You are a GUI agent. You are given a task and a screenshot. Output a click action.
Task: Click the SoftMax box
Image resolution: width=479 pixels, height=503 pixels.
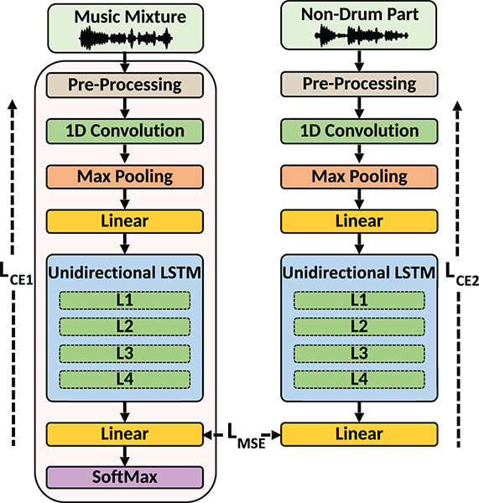125,477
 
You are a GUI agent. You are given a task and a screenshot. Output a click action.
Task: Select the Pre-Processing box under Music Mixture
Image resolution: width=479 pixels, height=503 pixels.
125,85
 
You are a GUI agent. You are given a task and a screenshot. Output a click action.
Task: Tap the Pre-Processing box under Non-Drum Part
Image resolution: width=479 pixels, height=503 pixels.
359,84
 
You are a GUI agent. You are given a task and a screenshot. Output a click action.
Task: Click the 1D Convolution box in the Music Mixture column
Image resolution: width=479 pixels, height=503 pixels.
125,131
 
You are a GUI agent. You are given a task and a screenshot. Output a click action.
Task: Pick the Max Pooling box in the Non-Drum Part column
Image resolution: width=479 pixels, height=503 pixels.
359,177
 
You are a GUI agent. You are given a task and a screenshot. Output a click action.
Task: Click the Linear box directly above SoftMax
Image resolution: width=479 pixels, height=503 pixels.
125,434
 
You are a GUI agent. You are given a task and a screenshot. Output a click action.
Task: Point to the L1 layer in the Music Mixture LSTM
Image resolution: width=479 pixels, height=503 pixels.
125,300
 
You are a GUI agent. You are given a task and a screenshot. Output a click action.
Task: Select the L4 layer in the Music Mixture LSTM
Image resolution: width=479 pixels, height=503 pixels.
125,379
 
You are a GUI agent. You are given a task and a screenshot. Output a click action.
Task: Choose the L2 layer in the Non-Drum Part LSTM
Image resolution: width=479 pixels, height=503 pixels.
359,326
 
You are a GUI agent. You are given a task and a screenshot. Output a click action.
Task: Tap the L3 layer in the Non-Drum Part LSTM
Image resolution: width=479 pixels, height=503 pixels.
359,353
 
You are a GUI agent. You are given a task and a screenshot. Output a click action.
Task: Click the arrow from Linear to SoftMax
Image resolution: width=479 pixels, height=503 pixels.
125,456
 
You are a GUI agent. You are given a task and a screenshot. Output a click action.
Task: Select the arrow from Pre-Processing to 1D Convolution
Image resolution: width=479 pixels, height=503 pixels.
125,107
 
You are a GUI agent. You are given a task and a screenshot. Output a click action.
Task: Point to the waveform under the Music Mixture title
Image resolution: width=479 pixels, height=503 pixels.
125,39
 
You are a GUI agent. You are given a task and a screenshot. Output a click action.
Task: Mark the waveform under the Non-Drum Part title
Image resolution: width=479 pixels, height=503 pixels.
359,35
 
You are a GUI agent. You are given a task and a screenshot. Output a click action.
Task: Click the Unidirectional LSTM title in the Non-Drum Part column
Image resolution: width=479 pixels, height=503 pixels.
359,273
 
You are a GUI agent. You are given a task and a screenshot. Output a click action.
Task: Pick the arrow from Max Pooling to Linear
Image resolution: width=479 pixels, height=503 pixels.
125,200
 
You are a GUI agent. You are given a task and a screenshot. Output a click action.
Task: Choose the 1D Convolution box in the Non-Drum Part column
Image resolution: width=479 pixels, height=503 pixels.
359,131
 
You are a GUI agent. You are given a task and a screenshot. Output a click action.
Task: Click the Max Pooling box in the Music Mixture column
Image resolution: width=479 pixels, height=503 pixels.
125,177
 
